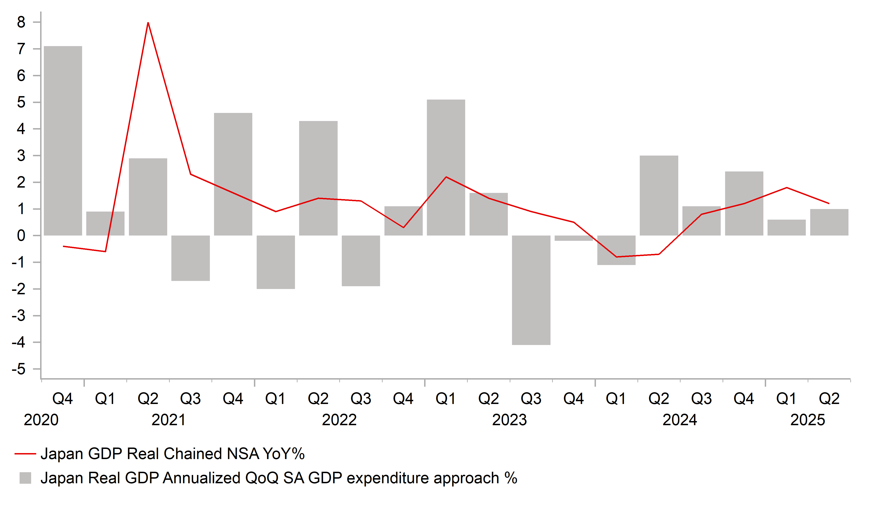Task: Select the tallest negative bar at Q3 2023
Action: [x=531, y=290]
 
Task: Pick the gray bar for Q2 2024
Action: [x=659, y=195]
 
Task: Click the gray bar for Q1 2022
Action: [x=276, y=262]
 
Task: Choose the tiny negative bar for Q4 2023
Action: [x=574, y=238]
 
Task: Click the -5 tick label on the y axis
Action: [x=19, y=369]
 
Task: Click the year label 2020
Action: [x=41, y=420]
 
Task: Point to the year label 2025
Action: [x=808, y=420]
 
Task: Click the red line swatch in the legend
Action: [x=25, y=454]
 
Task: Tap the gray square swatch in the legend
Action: [x=25, y=478]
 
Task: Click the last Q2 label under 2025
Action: [x=829, y=399]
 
